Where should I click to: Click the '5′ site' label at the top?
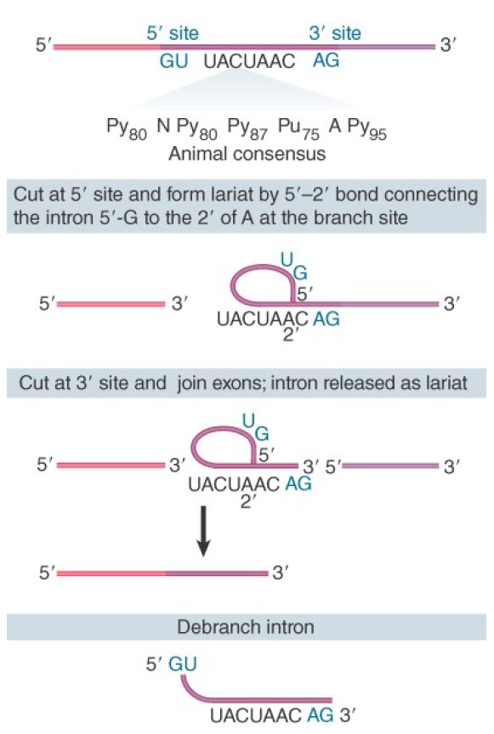[x=173, y=34]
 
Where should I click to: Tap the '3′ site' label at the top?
[x=335, y=34]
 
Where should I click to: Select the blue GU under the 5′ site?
[x=174, y=61]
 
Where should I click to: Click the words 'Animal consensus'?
[x=247, y=154]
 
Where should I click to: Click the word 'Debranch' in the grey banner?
[x=211, y=627]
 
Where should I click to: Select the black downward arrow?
[x=203, y=531]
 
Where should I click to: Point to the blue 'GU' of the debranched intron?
[x=183, y=664]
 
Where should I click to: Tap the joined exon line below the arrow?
[x=162, y=573]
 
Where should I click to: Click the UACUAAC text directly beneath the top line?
[x=249, y=61]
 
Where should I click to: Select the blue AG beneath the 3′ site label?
[x=326, y=60]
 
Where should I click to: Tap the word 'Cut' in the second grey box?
[x=34, y=383]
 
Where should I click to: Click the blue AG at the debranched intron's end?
[x=321, y=714]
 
